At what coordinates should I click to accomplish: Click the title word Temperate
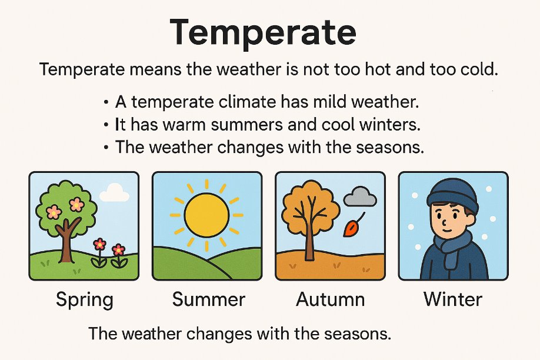click(263, 33)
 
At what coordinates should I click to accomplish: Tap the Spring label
click(84, 300)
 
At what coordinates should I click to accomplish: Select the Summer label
click(209, 299)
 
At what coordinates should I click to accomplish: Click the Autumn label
click(330, 299)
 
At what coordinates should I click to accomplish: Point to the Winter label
click(453, 299)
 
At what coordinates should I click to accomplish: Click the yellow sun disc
click(206, 215)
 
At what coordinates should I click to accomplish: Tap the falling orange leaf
click(351, 228)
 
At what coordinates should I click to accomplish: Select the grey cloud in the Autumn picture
click(360, 196)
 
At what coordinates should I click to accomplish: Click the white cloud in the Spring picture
click(114, 194)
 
